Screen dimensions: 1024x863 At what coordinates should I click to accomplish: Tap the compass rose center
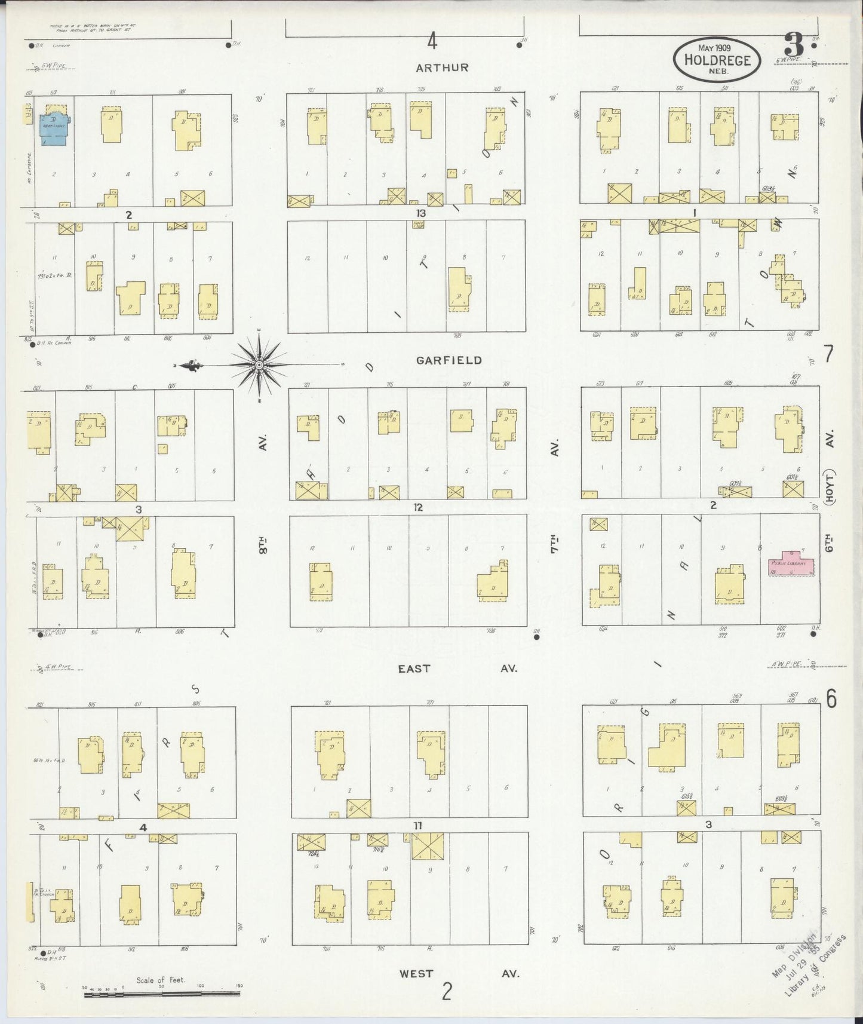[259, 364]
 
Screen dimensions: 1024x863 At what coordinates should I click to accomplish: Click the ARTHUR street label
[442, 68]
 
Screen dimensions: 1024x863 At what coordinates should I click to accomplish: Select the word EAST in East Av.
[414, 669]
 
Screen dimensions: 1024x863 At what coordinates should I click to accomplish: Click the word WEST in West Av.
[416, 974]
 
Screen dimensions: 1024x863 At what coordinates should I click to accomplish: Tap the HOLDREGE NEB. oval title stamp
[717, 59]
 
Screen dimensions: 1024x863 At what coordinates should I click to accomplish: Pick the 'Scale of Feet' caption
[161, 980]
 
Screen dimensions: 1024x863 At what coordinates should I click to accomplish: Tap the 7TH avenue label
[554, 544]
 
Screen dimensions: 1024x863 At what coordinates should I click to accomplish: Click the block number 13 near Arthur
[422, 213]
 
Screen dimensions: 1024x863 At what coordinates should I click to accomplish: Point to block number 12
[417, 507]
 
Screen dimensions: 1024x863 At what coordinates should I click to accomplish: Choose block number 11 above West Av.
[417, 826]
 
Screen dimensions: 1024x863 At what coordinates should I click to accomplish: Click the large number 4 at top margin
[432, 42]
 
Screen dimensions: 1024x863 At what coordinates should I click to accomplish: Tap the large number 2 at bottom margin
[447, 992]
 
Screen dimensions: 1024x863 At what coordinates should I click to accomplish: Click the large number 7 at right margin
[829, 355]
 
